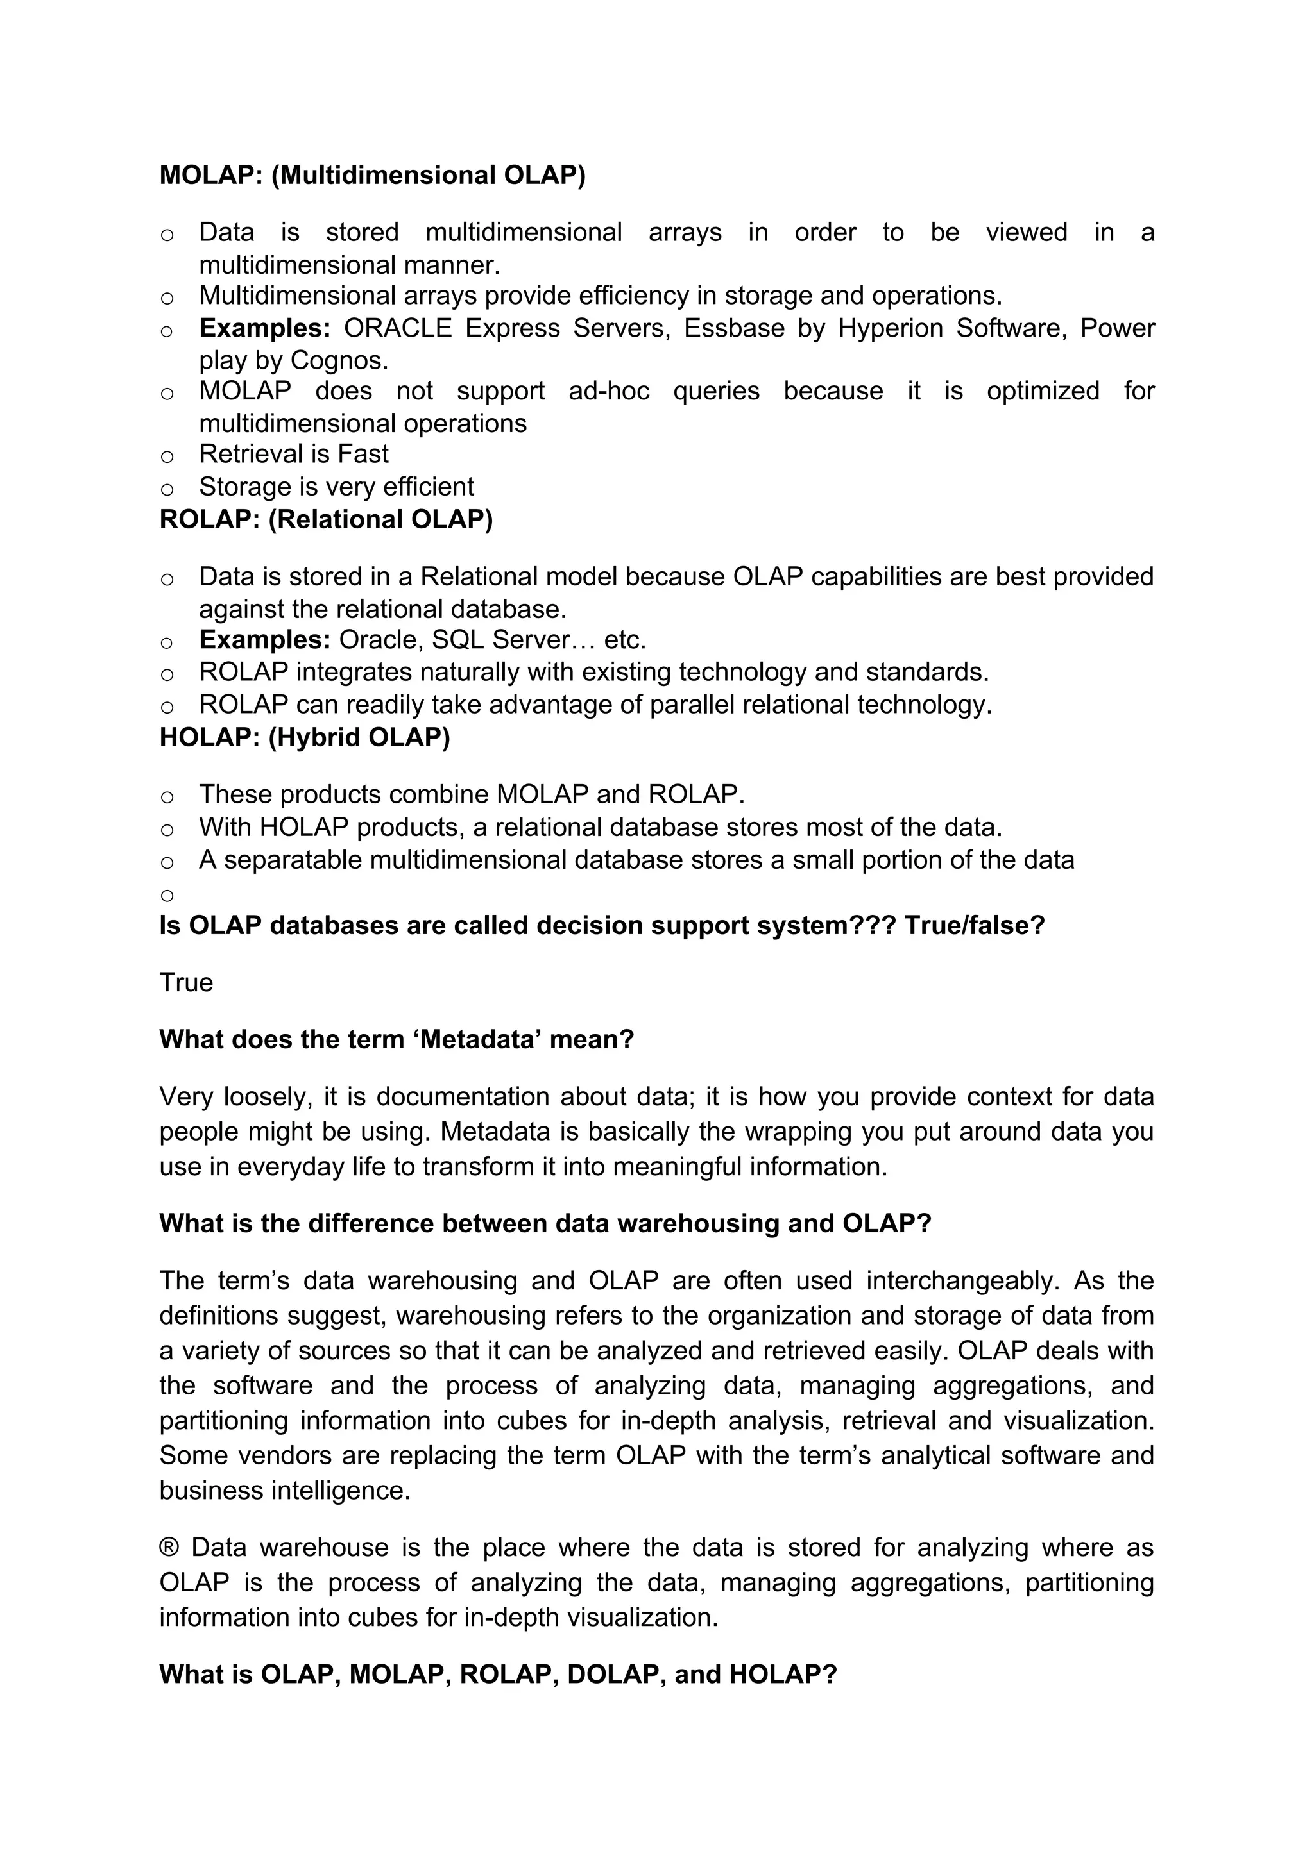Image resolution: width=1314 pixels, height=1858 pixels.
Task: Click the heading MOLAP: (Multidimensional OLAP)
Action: pyautogui.click(x=371, y=175)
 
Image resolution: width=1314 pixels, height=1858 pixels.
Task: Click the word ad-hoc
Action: pyautogui.click(x=608, y=391)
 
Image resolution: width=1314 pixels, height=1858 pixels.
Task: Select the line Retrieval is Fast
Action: pyautogui.click(x=293, y=454)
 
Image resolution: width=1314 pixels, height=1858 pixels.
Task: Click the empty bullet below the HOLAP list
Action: pyautogui.click(x=167, y=895)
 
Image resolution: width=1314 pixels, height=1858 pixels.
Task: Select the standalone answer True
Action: pyautogui.click(x=186, y=982)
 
